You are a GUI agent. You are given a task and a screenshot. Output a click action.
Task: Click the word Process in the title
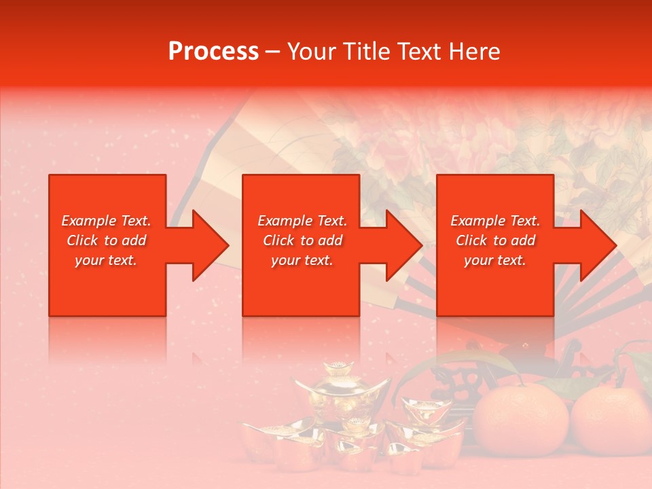pos(213,52)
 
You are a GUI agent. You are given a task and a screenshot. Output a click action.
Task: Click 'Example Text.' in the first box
pos(106,221)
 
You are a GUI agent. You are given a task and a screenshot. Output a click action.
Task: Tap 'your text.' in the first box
pos(106,260)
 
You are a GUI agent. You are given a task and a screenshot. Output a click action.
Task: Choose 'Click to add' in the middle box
pos(302,240)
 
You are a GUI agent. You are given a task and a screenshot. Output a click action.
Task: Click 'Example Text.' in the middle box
pos(302,221)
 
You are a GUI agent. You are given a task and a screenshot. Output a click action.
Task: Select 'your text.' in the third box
pos(495,260)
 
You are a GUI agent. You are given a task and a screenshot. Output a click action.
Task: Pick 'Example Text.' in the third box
pos(495,221)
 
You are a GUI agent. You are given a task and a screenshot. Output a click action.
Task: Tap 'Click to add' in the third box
pos(495,240)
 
